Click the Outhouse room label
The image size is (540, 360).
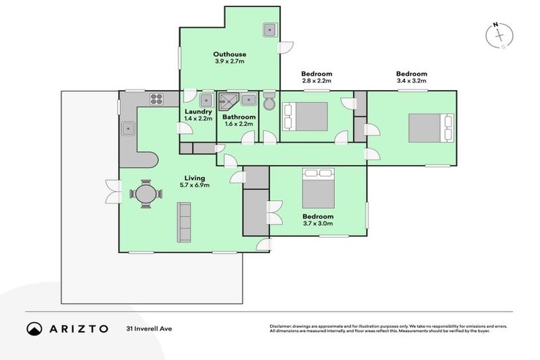point(229,53)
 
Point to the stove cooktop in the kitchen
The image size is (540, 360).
point(155,99)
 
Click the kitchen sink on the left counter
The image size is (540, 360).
point(129,129)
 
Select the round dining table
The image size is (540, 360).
point(145,193)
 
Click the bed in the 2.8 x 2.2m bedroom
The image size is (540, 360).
point(305,116)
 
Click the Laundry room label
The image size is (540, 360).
point(198,111)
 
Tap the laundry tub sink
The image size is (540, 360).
point(206,99)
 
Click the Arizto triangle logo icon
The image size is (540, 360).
point(34,328)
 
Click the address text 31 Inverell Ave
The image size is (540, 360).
point(149,328)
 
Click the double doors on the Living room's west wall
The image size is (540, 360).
point(111,192)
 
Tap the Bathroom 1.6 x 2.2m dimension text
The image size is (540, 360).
point(237,124)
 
